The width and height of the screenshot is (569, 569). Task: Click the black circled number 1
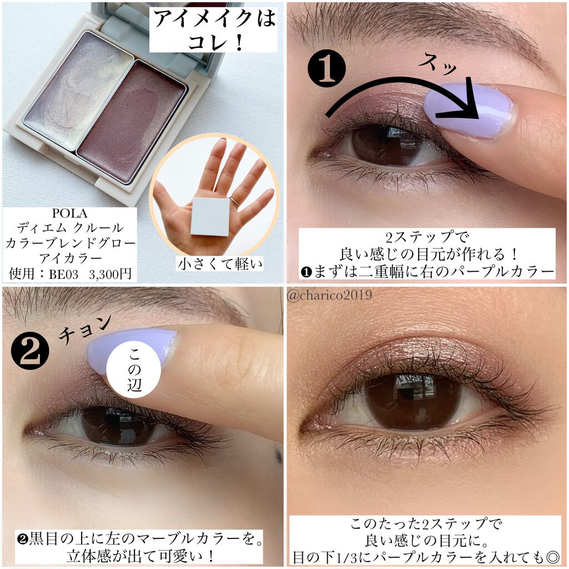pyautogui.click(x=326, y=68)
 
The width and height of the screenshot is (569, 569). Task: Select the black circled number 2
pyautogui.click(x=30, y=352)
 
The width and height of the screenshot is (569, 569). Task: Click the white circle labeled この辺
pyautogui.click(x=134, y=370)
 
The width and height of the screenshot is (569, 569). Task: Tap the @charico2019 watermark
pyautogui.click(x=330, y=295)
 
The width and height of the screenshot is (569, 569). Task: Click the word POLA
pyautogui.click(x=69, y=213)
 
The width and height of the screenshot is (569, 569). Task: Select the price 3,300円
pyautogui.click(x=110, y=274)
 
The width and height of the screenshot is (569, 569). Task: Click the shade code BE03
pyautogui.click(x=63, y=274)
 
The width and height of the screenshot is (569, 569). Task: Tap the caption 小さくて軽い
pyautogui.click(x=220, y=264)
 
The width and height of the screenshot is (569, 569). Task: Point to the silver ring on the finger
pyautogui.click(x=234, y=202)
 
